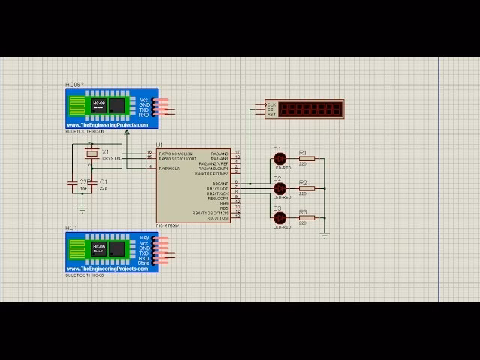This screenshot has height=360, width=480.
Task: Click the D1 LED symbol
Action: [x=280, y=159]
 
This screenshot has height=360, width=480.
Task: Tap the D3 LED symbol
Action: [x=280, y=218]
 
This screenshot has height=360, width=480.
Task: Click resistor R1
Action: [x=306, y=159]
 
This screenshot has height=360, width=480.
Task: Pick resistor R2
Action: [x=306, y=189]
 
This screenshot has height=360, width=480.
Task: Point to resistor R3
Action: [x=306, y=218]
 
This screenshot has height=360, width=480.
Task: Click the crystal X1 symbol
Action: [x=91, y=153]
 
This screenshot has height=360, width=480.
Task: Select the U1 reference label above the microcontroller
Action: [x=159, y=145]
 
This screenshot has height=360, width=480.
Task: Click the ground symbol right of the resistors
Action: [x=325, y=235]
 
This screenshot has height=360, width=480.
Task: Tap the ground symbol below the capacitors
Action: [x=82, y=209]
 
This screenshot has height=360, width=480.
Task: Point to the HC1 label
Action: [x=71, y=228]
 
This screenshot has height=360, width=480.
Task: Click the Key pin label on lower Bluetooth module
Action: [x=145, y=238]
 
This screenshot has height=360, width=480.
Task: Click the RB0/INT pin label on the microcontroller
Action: [x=220, y=184]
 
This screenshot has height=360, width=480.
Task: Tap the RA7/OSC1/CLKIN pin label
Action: [x=175, y=153]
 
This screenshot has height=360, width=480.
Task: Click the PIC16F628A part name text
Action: [x=167, y=225]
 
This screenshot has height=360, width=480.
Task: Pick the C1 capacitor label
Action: [x=103, y=182]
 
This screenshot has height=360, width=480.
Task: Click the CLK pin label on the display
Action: [x=271, y=104]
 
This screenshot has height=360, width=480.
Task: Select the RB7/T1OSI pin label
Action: [x=216, y=217]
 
